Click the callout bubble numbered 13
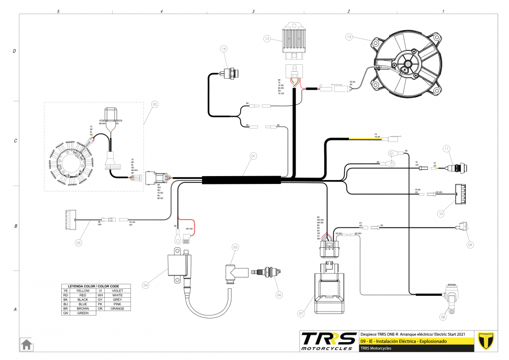(x=349, y=37)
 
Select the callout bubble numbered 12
(x=267, y=38)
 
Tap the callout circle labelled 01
(x=253, y=156)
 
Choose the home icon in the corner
(x=26, y=344)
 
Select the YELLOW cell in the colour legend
(x=80, y=291)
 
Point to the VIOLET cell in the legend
(x=117, y=291)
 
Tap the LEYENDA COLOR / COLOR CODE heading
(x=96, y=286)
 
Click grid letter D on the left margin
(x=14, y=51)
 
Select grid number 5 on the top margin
(x=58, y=11)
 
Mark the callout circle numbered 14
(x=224, y=48)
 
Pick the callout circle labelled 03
(x=78, y=243)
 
